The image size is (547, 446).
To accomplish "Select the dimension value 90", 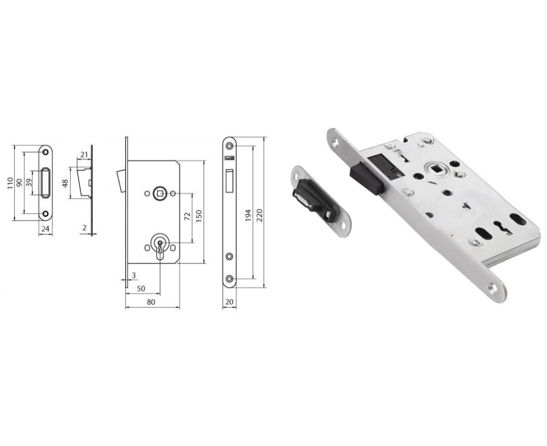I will tap(20, 182).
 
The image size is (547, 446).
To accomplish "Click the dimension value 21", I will tap(84, 154).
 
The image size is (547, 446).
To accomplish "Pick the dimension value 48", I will tap(65, 182).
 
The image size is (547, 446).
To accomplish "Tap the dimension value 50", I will tap(141, 288).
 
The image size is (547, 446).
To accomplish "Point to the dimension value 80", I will tap(150, 302).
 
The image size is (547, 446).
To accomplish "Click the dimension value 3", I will tap(134, 275).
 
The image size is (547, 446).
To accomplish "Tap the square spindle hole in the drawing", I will tap(160, 193).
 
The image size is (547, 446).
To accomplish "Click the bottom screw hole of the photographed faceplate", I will tap(494, 289).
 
